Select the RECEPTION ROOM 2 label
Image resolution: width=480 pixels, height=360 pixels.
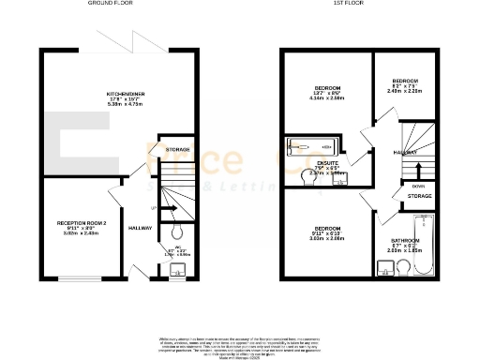pyautogui.click(x=82, y=223)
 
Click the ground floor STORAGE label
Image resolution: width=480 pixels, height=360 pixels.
pyautogui.click(x=178, y=150)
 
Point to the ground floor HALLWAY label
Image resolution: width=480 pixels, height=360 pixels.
pyautogui.click(x=141, y=228)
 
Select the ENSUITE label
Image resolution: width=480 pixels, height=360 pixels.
pyautogui.click(x=327, y=162)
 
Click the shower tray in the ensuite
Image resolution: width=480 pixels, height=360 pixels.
pyautogui.click(x=309, y=146)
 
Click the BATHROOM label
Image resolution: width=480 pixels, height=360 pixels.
pyautogui.click(x=405, y=240)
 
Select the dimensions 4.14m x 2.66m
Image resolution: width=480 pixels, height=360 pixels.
pyautogui.click(x=326, y=98)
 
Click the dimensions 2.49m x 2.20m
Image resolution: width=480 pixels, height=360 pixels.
pyautogui.click(x=404, y=91)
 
